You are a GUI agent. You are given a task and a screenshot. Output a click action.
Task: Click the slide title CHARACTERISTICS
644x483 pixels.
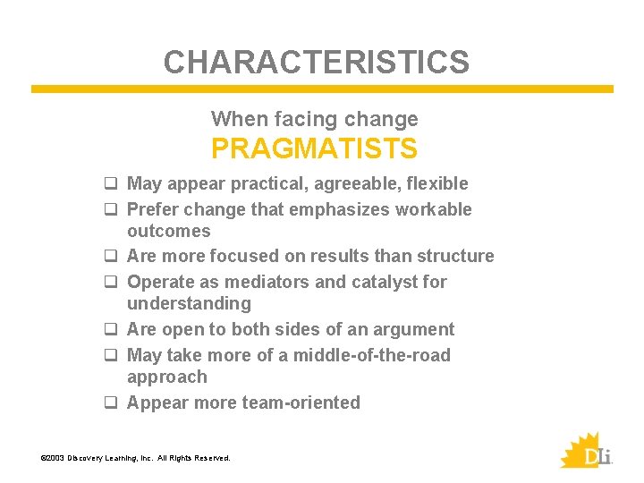[316, 62]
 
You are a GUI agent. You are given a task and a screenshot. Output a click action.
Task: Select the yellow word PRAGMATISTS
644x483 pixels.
[314, 148]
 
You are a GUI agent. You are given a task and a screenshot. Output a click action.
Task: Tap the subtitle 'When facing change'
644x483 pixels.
[314, 119]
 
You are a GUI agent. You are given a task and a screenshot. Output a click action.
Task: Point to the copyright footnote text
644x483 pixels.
[136, 458]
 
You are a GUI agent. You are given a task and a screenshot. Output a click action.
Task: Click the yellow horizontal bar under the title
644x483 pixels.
[322, 89]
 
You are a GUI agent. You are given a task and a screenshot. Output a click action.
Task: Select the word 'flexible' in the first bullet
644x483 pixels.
[437, 184]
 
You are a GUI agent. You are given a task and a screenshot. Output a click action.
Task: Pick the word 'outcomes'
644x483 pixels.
[169, 231]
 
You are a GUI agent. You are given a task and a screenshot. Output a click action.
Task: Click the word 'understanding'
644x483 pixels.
[189, 304]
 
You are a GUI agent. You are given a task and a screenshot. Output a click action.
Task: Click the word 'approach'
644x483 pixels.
[167, 377]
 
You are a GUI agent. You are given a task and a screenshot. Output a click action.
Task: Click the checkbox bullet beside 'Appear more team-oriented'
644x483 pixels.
[112, 403]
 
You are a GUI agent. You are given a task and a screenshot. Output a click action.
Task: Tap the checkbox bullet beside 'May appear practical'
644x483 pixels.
[112, 184]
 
